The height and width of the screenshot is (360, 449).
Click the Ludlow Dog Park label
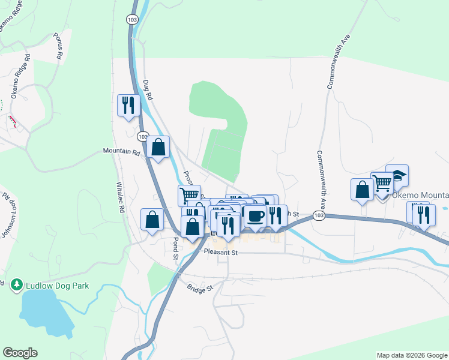tap(57, 286)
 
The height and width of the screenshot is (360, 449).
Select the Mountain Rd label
tap(121, 152)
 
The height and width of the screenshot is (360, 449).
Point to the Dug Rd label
tap(148, 90)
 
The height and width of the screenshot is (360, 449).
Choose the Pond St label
tap(176, 248)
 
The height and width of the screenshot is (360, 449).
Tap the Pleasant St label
tap(221, 253)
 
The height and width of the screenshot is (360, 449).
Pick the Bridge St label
tap(200, 289)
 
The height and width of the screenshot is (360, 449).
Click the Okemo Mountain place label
tap(420, 196)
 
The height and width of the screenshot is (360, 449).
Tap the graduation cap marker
tap(397, 176)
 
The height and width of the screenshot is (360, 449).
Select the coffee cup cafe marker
tap(255, 217)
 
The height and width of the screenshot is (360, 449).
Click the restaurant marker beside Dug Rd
tap(128, 106)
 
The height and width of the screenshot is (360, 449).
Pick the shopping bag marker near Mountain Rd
tap(158, 147)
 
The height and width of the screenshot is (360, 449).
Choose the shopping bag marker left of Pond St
tap(152, 219)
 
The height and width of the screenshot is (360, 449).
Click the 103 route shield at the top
tap(132, 20)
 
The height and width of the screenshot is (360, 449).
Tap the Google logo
tap(20, 353)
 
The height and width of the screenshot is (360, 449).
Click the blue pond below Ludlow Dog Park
tap(45, 315)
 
